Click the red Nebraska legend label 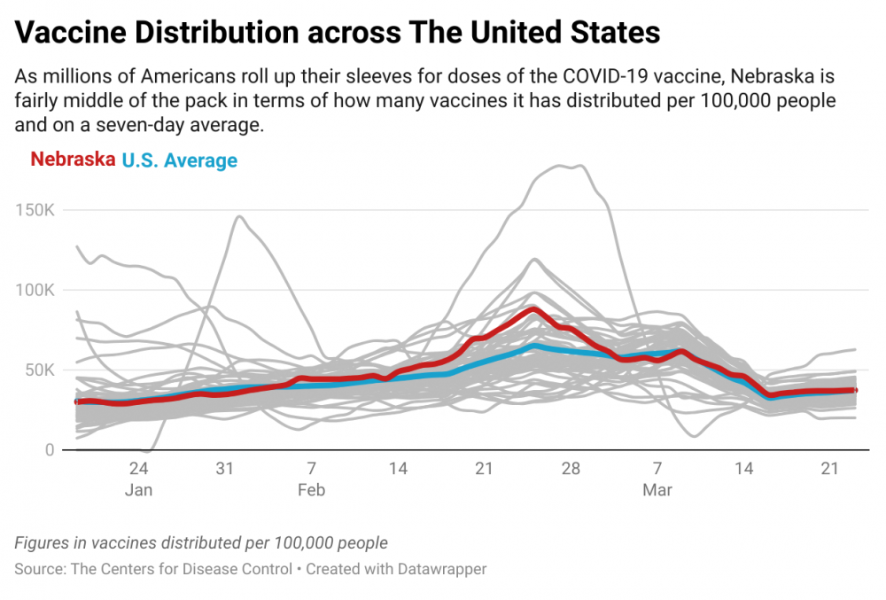[73, 160]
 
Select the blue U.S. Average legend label [180, 160]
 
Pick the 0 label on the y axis [50, 449]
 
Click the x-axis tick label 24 [138, 468]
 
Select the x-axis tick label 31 [224, 468]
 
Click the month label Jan [138, 490]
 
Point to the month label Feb [311, 490]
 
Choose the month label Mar [657, 490]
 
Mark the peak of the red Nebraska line [532, 308]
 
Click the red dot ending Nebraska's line [855, 390]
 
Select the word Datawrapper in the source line [439, 569]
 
